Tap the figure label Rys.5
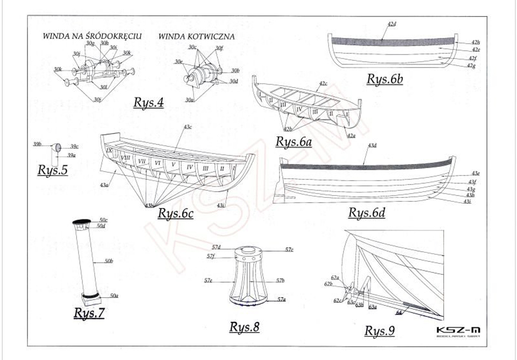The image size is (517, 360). coord(52,170)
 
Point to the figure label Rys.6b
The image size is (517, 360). coord(385,79)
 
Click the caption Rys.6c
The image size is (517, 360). coord(176,213)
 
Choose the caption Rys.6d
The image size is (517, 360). coord(367,212)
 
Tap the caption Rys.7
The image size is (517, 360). coord(89,313)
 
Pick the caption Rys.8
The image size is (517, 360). coord(244,327)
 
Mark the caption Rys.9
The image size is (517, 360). coord(379,331)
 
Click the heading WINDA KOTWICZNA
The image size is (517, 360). coord(196,37)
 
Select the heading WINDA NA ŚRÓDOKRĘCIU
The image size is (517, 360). coord(92,37)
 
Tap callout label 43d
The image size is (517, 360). coord(372,146)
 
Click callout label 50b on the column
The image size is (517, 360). coord(108,261)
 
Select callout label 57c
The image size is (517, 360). coord(289,250)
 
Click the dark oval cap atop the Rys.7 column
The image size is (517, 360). coord(82,221)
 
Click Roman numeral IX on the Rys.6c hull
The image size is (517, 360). coord(109,151)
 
